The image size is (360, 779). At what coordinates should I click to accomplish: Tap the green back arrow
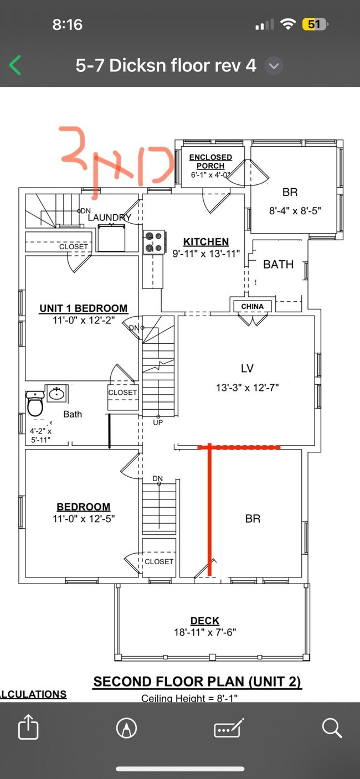[16, 66]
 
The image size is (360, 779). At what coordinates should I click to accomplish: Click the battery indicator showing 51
[314, 24]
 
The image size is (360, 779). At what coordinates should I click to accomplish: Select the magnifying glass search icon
[331, 728]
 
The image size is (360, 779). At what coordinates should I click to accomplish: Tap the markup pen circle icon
[127, 728]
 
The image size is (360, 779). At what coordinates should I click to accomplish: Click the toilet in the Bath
[35, 404]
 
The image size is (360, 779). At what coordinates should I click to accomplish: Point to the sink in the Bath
[56, 394]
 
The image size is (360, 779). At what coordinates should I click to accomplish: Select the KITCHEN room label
[206, 242]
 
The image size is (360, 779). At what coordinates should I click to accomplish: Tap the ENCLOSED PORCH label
[210, 161]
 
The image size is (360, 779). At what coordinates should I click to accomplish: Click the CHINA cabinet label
[252, 306]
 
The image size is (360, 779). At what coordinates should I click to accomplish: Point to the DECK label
[205, 621]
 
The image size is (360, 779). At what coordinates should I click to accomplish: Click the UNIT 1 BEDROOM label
[83, 308]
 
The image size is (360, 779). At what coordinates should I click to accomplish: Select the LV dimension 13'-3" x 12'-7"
[248, 388]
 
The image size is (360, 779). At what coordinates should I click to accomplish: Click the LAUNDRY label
[109, 218]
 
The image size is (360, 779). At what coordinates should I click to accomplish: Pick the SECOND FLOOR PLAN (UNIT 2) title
[197, 682]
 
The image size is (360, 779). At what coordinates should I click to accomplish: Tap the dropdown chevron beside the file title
[275, 66]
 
